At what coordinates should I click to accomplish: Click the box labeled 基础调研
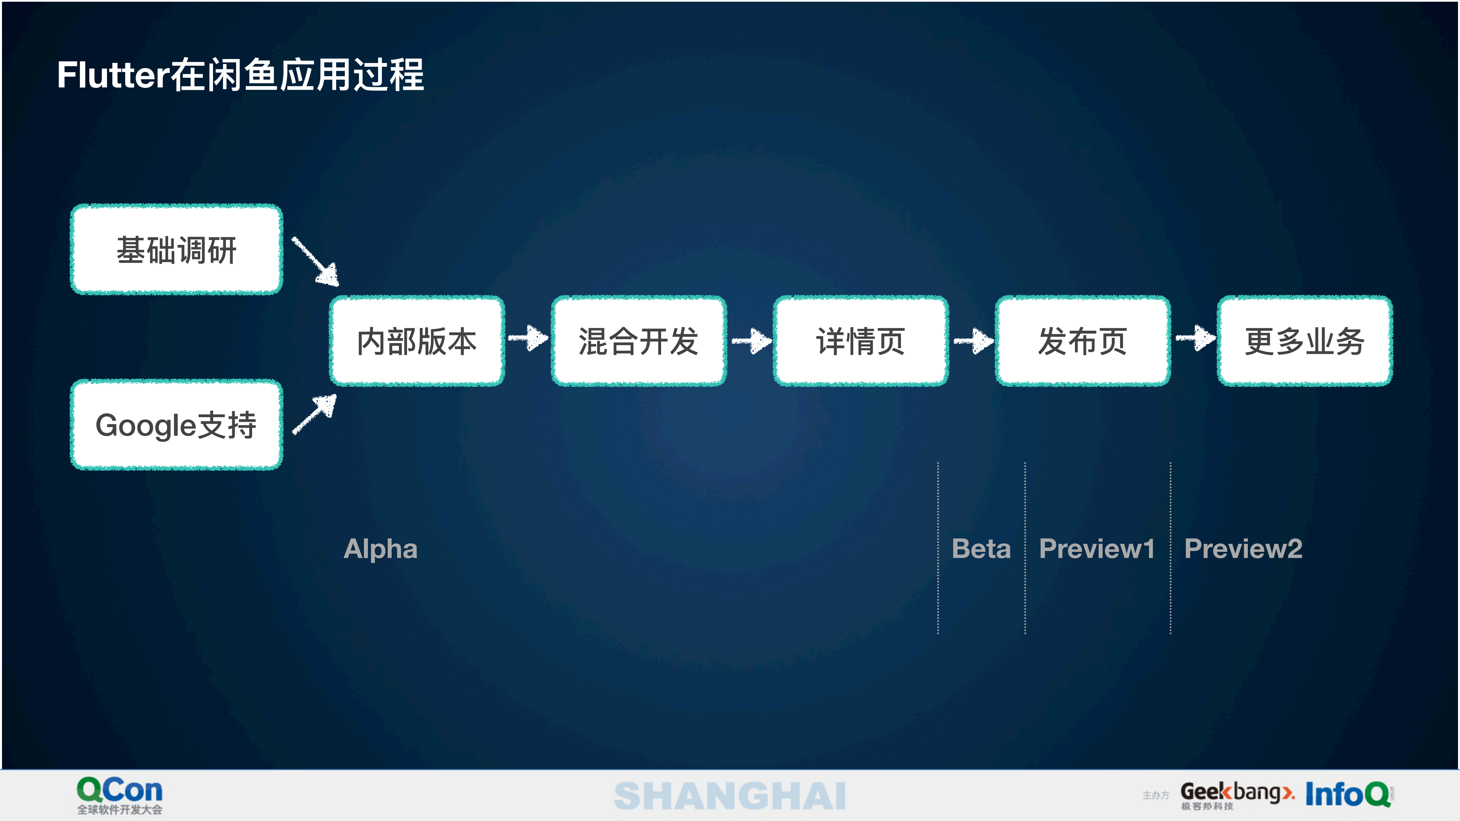pos(176,249)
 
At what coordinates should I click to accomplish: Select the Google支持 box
pos(176,425)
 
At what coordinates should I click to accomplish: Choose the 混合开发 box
pos(639,341)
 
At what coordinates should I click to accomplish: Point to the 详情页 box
pos(860,341)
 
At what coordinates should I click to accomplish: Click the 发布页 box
pos(1083,341)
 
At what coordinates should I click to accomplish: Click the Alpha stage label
pos(380,548)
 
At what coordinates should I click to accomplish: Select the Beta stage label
pos(981,548)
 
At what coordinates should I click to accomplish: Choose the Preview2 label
pos(1243,548)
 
